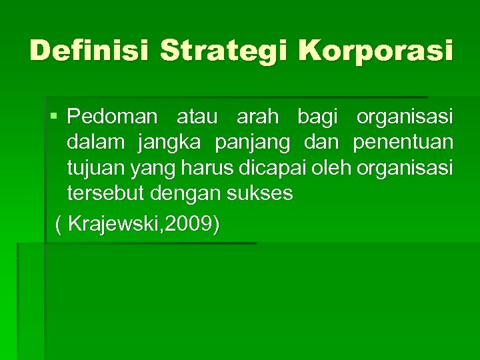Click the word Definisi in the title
[x=88, y=51]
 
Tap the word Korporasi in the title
[x=376, y=51]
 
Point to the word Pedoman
[x=112, y=117]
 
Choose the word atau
[x=198, y=117]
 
